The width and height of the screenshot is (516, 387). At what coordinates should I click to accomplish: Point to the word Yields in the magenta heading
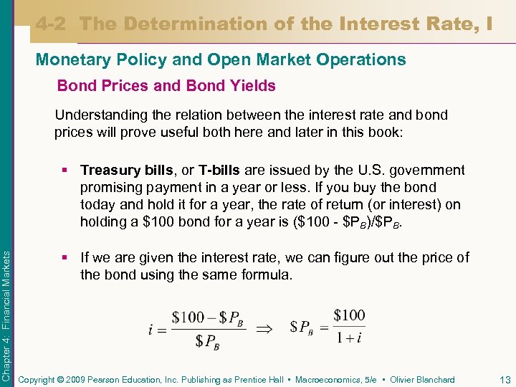252,86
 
